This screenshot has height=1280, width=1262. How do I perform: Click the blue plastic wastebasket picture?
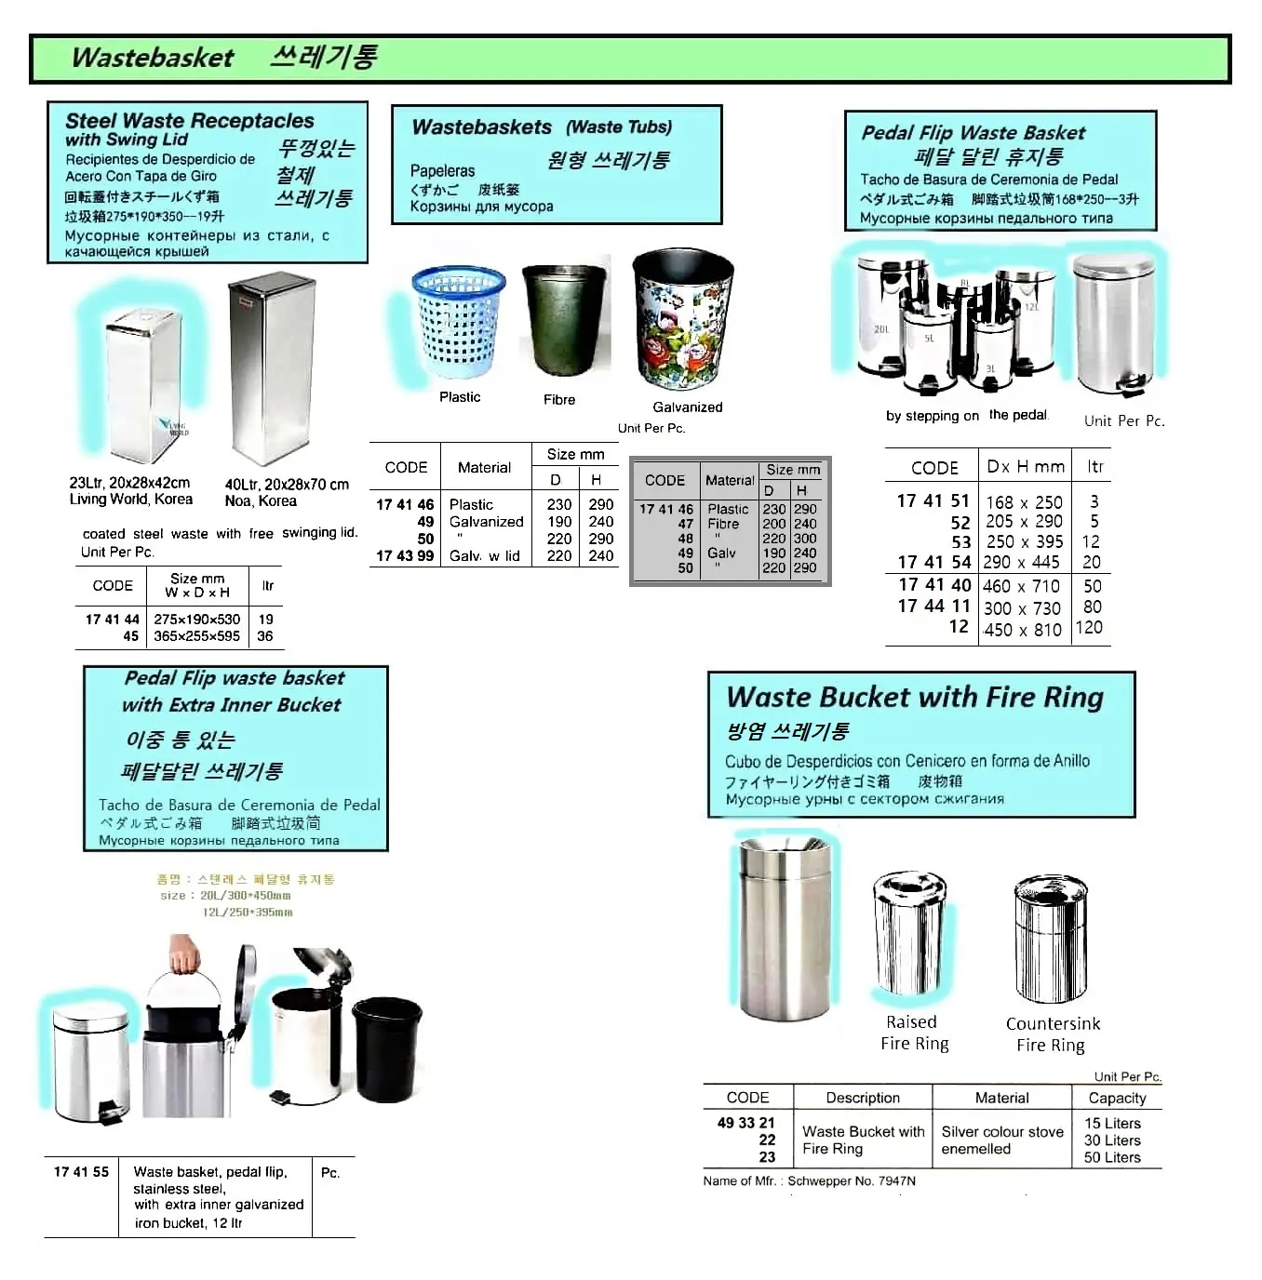click(x=457, y=322)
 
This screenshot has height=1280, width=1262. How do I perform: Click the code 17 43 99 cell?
click(x=405, y=556)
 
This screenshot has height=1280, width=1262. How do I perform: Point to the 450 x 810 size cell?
click(x=1022, y=630)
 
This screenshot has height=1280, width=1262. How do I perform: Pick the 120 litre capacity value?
click(x=1089, y=628)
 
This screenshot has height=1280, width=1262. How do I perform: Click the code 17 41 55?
click(x=81, y=1172)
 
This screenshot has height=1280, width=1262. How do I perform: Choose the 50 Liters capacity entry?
click(x=1112, y=1157)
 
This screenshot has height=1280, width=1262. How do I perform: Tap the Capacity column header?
click(x=1117, y=1098)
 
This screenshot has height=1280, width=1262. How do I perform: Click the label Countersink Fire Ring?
click(x=1052, y=1034)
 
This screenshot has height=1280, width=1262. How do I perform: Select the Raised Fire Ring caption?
click(x=914, y=1033)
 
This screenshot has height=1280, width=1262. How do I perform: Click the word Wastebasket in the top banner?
click(x=153, y=58)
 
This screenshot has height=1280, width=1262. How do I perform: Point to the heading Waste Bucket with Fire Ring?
click(x=915, y=698)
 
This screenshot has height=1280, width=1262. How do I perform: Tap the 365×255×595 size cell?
click(x=197, y=636)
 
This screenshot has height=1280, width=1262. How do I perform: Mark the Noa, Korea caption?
click(x=261, y=501)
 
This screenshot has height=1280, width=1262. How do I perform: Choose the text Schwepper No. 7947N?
click(x=852, y=1181)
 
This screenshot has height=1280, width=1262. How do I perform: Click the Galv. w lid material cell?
click(x=485, y=556)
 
